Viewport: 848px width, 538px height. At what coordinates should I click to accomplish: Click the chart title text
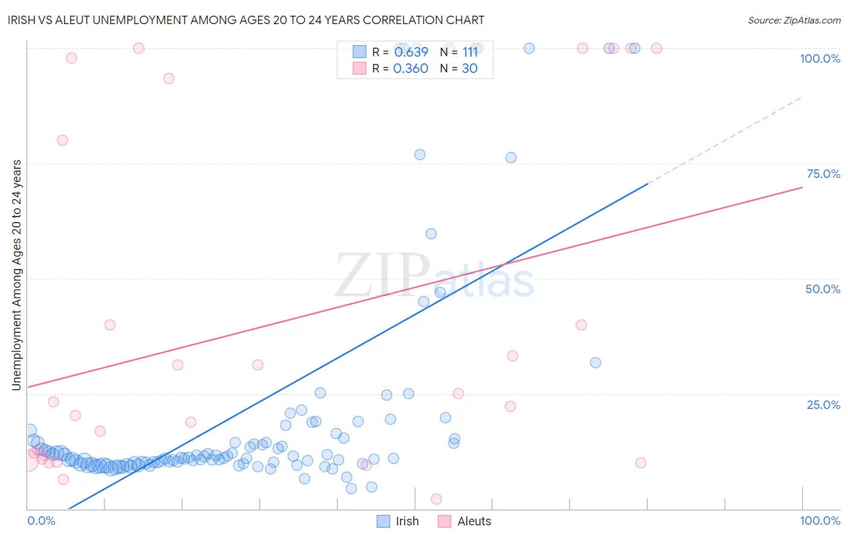pos(246,20)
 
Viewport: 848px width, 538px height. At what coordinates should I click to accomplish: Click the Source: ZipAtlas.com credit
pos(794,20)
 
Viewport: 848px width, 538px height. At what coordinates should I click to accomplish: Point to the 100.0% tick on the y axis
pos(820,59)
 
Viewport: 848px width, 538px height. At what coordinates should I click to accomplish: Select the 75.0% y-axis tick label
pos(823,174)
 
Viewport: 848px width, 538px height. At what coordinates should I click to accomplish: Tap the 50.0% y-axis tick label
pos(823,289)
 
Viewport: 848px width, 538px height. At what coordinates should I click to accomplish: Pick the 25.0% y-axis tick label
pos(823,405)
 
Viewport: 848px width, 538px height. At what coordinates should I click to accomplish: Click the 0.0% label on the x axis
pos(41,521)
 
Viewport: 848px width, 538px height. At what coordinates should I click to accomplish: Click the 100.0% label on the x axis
pos(820,521)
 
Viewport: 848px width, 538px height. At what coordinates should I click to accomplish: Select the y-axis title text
pos(16,275)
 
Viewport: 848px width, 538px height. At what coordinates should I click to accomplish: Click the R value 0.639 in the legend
pos(411,52)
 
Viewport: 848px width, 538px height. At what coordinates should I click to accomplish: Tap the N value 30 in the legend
pos(469,68)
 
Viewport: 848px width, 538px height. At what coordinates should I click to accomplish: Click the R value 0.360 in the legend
pos(410,68)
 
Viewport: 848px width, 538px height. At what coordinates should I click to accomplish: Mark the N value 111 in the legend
pos(470,52)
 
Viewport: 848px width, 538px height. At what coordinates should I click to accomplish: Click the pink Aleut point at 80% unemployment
pos(62,140)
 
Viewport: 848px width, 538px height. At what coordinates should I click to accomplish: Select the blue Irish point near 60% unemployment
pos(431,233)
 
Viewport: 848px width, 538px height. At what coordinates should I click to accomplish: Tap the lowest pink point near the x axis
pos(437,499)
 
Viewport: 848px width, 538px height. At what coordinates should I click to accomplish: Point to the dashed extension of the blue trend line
pos(724,140)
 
